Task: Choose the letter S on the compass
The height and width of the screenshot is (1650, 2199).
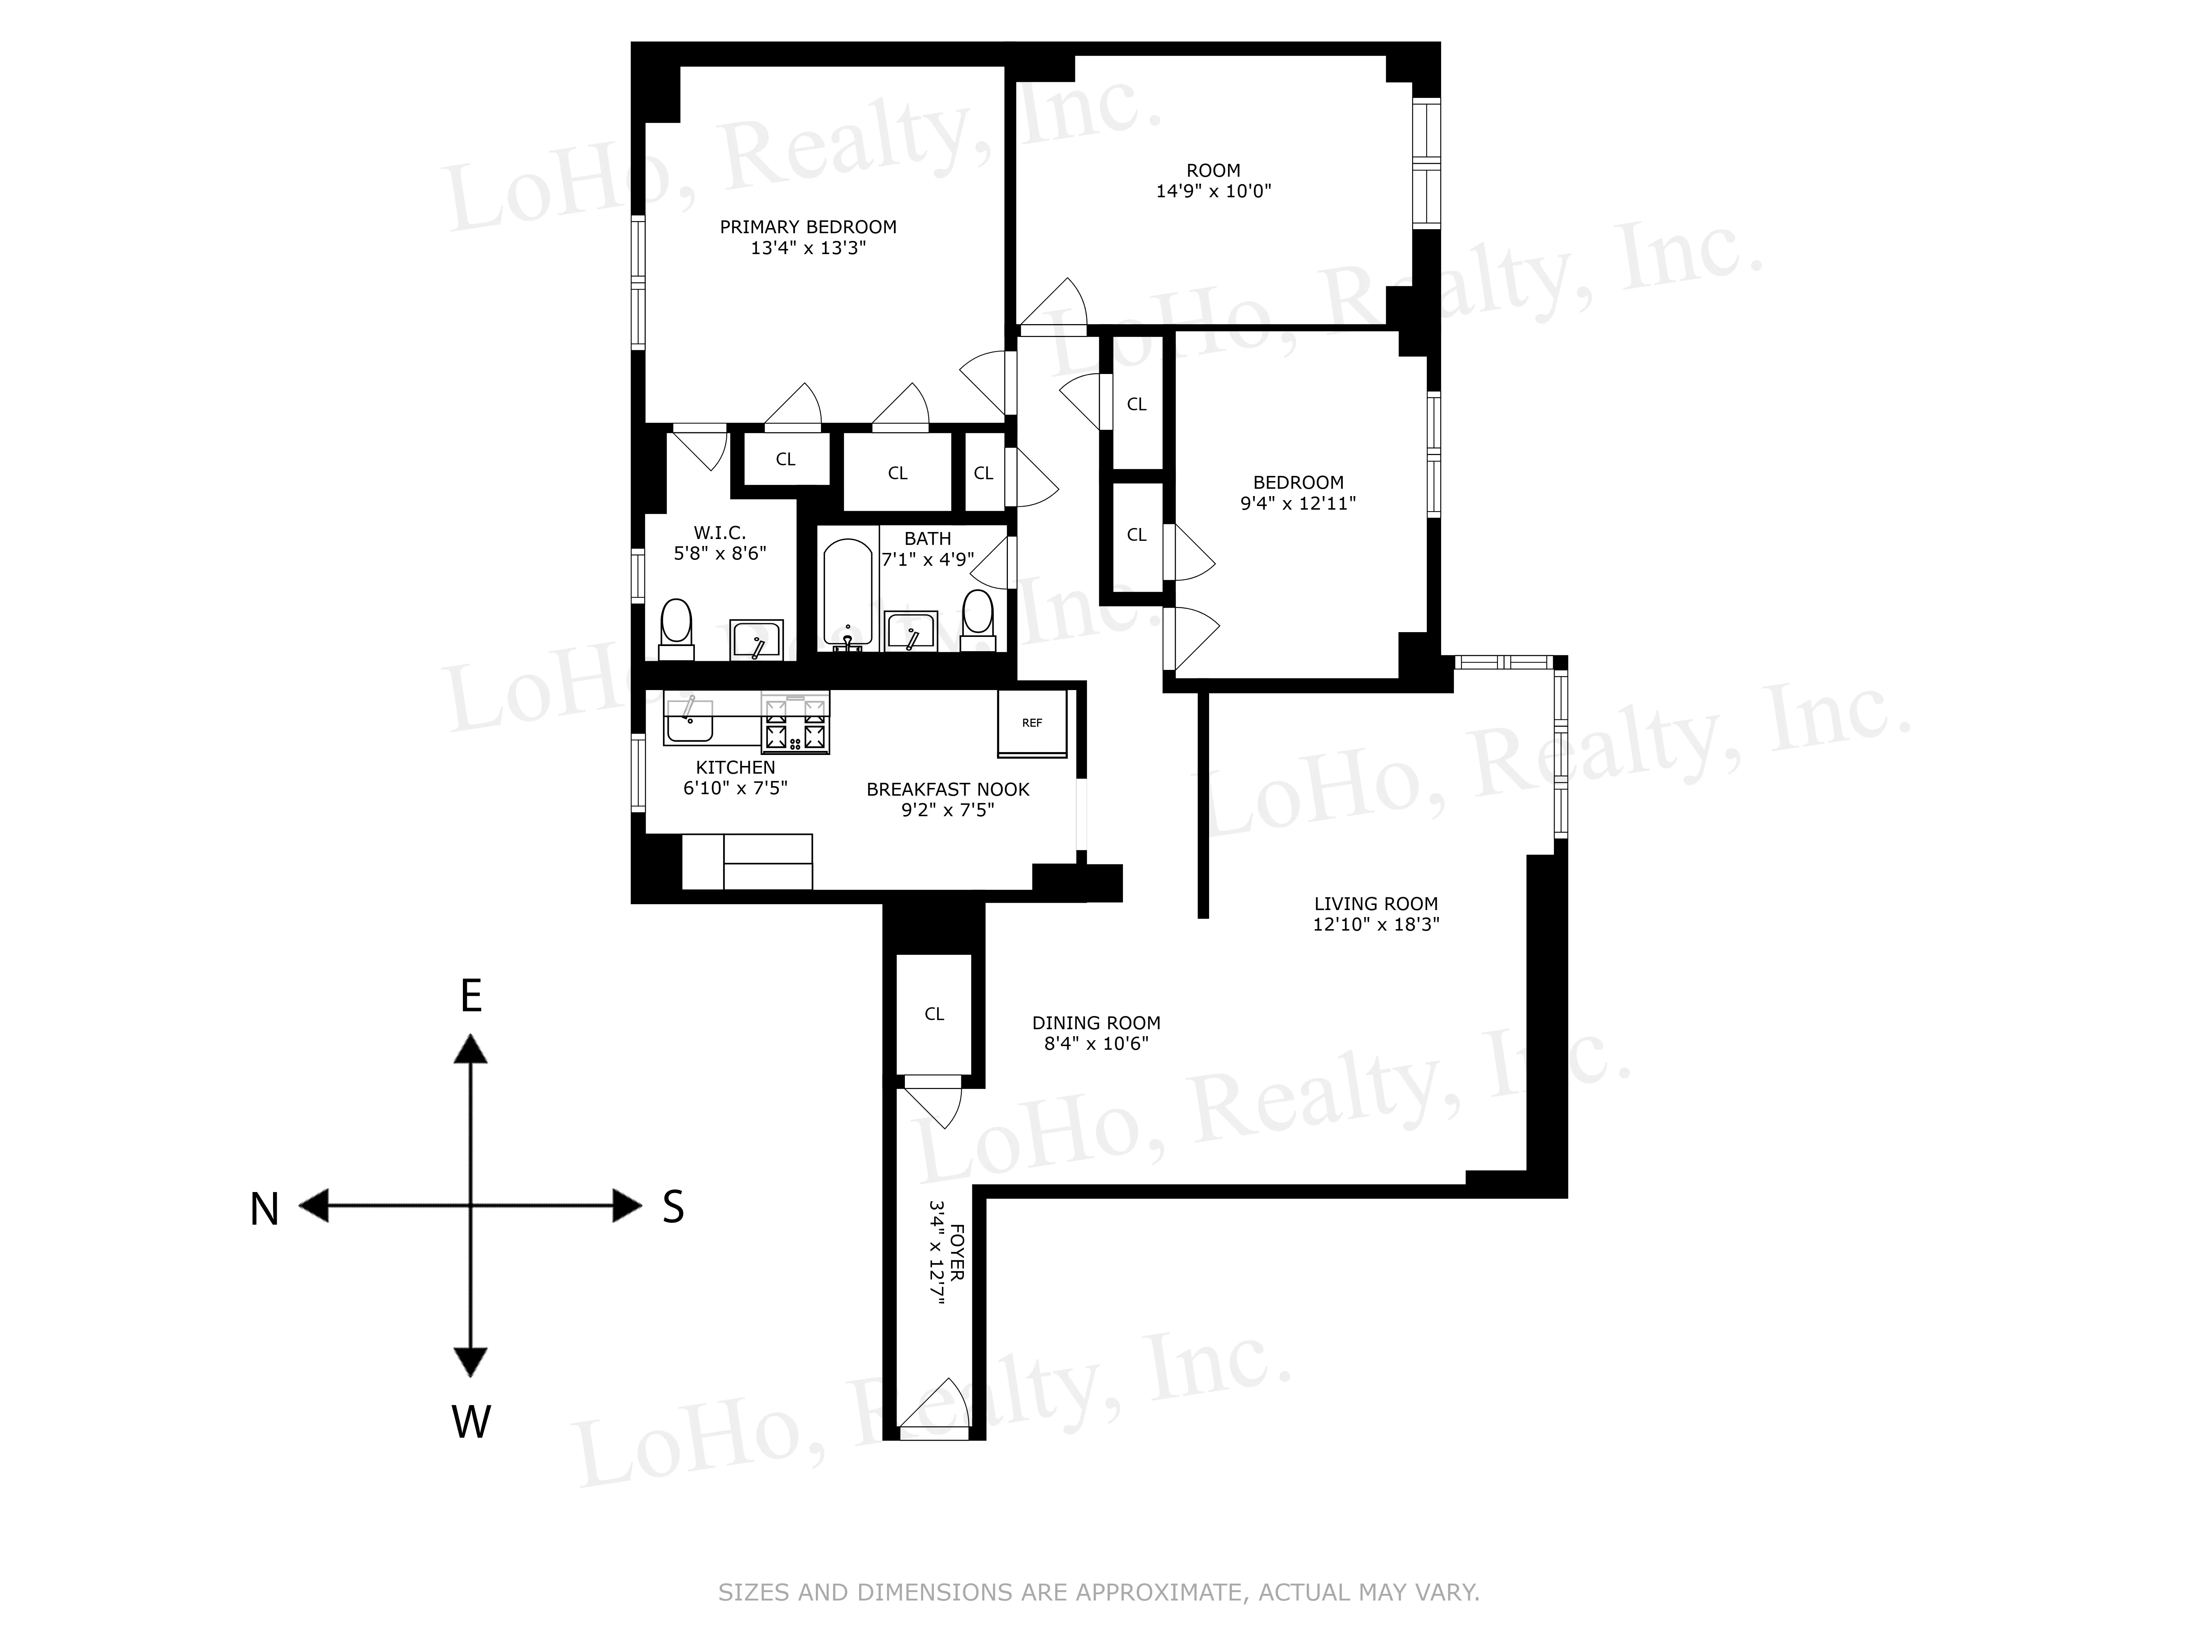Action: click(673, 1207)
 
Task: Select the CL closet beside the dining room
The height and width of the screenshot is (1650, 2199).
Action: click(933, 1013)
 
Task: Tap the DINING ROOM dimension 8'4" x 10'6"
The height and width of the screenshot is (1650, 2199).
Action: click(1095, 1043)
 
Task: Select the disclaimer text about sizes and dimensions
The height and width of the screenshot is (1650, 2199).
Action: click(1098, 1592)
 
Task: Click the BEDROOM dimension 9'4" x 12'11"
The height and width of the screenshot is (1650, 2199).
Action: click(1297, 503)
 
